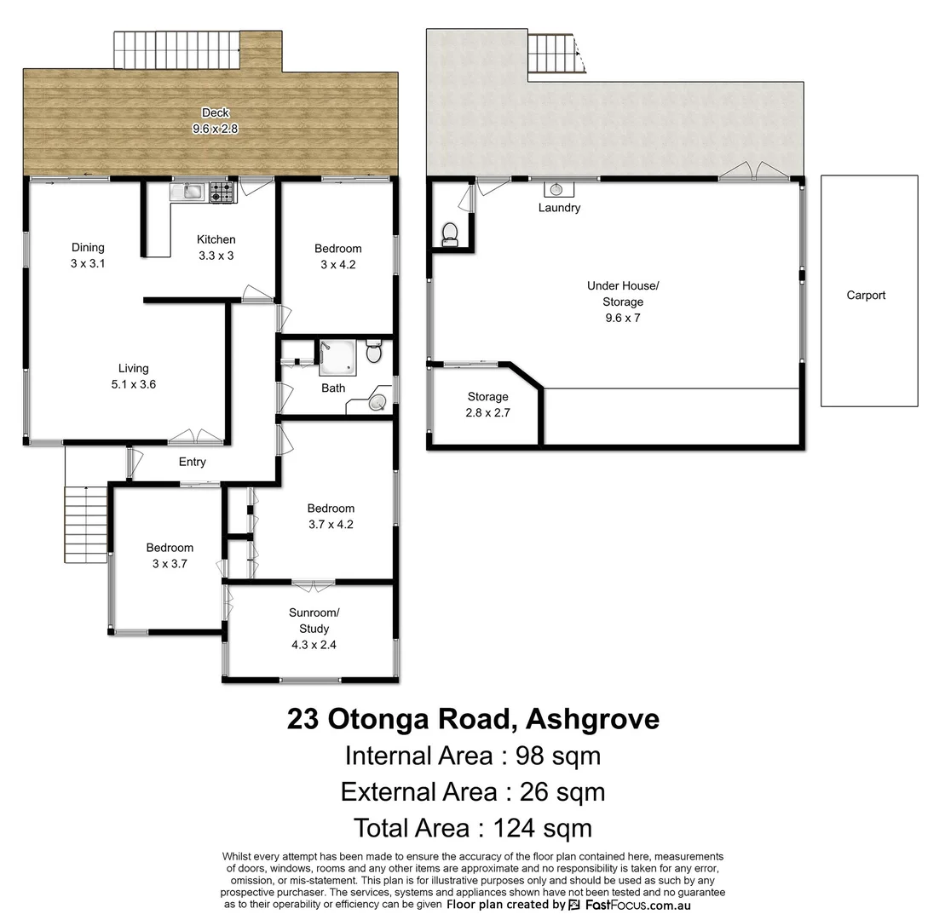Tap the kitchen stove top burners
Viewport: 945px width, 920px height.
(x=222, y=192)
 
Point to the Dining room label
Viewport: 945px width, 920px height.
(x=87, y=255)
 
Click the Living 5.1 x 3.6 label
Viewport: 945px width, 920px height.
(x=133, y=376)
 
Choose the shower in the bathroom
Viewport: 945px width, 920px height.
(x=337, y=358)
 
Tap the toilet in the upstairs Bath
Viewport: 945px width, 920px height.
(x=373, y=352)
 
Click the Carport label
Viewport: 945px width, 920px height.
(x=866, y=296)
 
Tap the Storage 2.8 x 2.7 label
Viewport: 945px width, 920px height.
(x=487, y=405)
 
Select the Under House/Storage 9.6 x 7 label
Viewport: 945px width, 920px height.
(x=622, y=302)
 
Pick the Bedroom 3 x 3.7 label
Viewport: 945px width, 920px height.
(x=169, y=555)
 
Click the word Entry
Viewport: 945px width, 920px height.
(x=192, y=462)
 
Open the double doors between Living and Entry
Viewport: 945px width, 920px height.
(x=196, y=438)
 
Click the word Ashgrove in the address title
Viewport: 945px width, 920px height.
(x=592, y=719)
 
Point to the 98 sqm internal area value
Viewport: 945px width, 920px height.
(x=552, y=756)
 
